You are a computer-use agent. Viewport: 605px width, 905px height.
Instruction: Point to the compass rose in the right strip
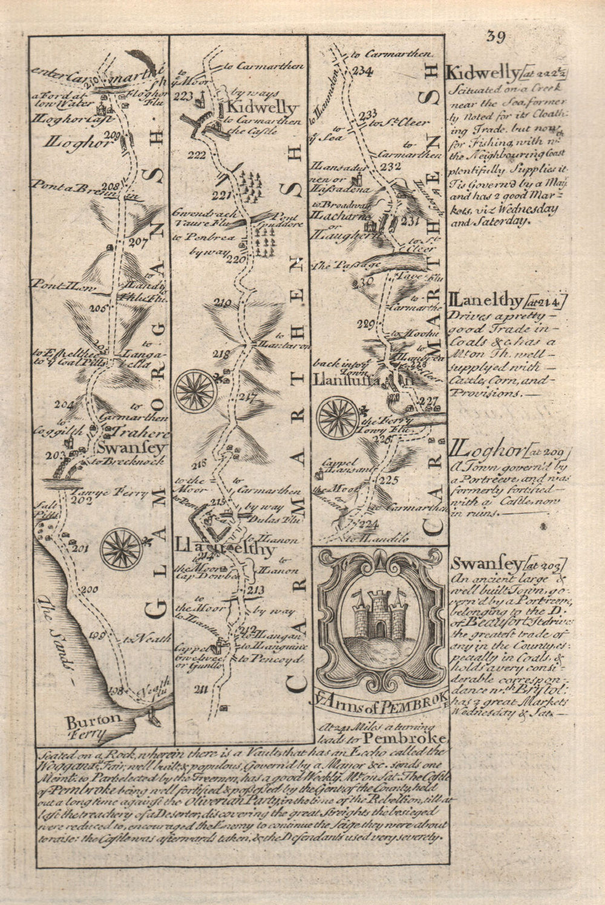[x=338, y=417]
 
